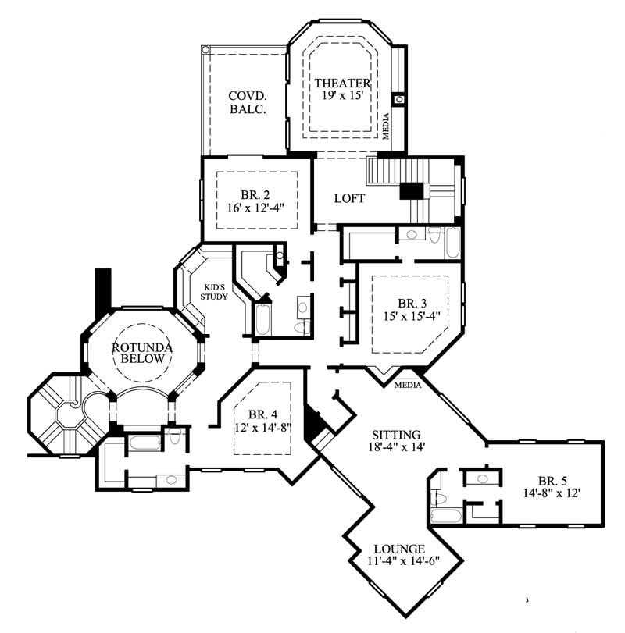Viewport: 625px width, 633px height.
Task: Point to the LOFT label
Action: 349,198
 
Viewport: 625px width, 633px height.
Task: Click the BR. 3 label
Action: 412,303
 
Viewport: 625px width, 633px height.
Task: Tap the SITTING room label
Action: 396,435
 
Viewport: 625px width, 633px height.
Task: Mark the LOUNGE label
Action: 399,548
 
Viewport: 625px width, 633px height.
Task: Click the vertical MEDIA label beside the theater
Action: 385,126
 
